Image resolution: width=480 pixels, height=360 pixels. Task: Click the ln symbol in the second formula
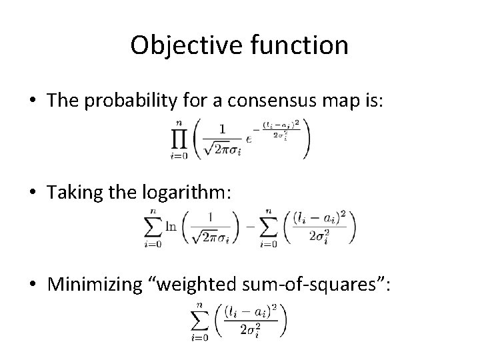(171, 226)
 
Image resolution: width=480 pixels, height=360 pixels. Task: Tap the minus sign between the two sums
(250, 227)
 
